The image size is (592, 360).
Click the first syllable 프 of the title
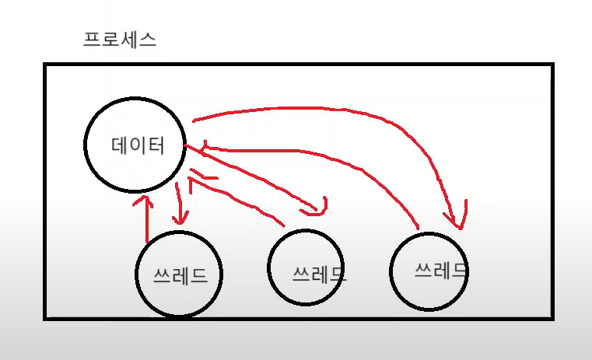[92, 40]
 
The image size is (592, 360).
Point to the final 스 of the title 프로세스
[148, 40]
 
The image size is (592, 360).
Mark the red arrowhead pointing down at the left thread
[180, 220]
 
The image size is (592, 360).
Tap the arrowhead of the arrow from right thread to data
[205, 146]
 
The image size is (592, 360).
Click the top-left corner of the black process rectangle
[45, 65]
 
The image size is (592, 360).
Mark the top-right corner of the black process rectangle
[552, 65]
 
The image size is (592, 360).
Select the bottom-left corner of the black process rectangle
[45, 317]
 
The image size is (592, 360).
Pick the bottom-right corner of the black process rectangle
[552, 317]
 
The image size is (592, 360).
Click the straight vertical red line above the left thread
[146, 222]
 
